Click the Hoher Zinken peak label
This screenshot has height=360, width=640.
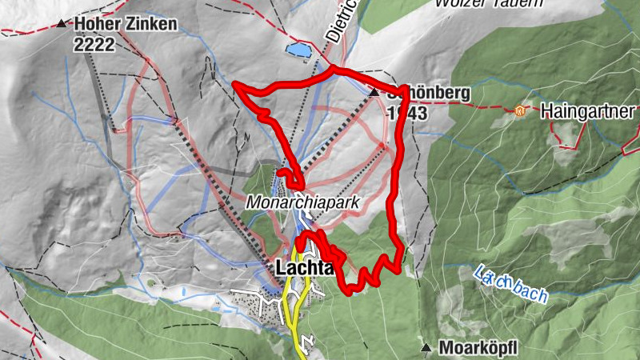[126, 24]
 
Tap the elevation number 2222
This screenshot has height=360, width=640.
[94, 44]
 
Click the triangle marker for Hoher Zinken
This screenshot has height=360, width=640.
[62, 23]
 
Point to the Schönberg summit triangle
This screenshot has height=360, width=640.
[374, 93]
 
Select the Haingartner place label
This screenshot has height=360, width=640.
[588, 110]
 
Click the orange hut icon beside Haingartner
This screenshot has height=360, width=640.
[522, 110]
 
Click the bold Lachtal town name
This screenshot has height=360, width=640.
[303, 269]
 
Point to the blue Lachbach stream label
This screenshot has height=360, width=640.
[510, 282]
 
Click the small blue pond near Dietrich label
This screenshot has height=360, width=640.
[299, 50]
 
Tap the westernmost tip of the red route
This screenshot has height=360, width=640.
[234, 83]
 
